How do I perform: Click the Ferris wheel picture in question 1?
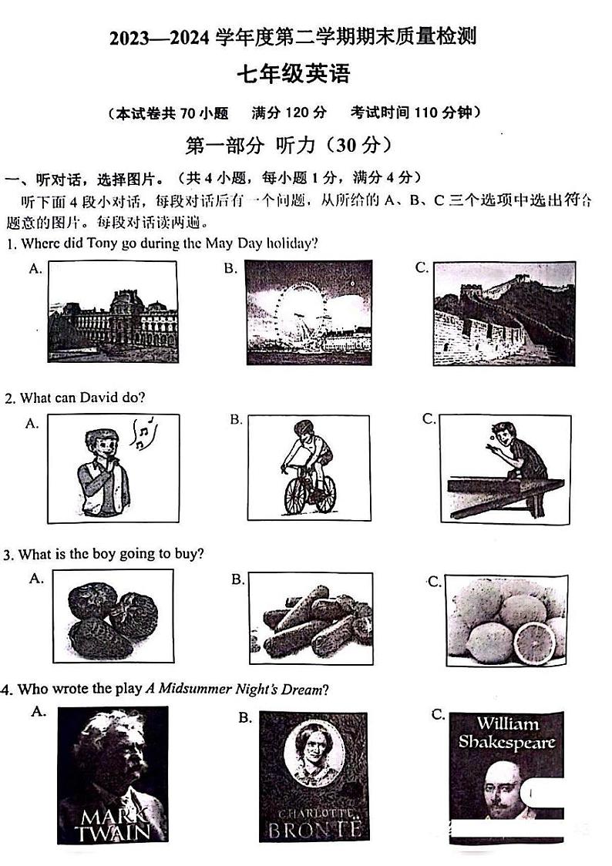point(308,308)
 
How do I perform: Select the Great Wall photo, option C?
point(504,313)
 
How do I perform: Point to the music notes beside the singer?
point(142,433)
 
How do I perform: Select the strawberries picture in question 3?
point(113,617)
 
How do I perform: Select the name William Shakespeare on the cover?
point(506,733)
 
